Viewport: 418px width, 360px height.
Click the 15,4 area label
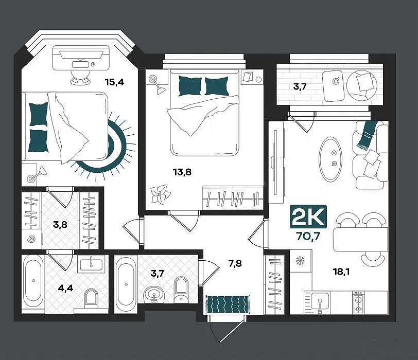coord(114,82)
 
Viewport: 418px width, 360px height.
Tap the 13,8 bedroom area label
coord(182,172)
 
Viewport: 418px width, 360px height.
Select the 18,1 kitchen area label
coord(341,272)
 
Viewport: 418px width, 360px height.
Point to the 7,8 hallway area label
coord(235,264)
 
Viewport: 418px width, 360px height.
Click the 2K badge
coord(308,217)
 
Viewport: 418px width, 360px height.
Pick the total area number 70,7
coord(308,236)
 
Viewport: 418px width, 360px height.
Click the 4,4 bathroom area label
coord(65,288)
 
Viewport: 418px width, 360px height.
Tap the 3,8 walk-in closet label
coord(60,225)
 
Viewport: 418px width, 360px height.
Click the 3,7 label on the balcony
coord(300,86)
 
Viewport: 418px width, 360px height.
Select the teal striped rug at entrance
coord(228,304)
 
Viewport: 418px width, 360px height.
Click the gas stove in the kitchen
coord(358,302)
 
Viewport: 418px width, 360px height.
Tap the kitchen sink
coord(320,302)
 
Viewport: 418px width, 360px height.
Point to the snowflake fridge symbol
coord(300,261)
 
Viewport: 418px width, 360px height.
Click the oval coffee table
coord(330,160)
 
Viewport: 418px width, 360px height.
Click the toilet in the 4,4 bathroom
coord(91,298)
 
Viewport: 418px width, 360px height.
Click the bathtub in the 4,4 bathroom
coord(33,281)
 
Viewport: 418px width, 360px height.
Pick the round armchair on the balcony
coord(361,85)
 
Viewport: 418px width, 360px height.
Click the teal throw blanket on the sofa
coord(367,134)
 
